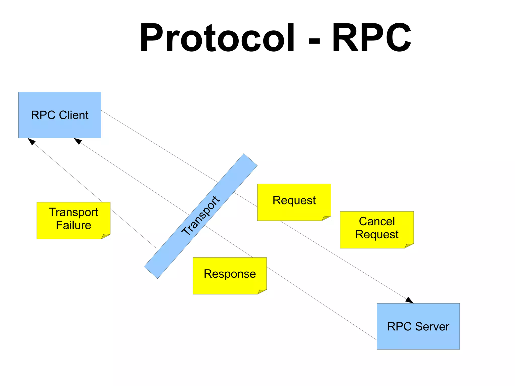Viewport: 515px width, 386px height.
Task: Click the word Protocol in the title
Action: pos(217,38)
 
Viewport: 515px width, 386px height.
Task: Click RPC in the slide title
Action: pos(371,38)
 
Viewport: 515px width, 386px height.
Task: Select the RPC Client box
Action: pos(60,115)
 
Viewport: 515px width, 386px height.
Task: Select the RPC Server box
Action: pos(418,326)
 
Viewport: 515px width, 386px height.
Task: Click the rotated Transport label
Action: pos(201,216)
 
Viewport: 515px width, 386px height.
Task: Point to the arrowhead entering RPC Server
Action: pos(409,300)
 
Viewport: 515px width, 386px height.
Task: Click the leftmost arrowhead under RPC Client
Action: pos(31,141)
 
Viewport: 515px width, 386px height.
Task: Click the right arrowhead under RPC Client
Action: pos(78,141)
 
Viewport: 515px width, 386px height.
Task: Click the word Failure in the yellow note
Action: pos(73,225)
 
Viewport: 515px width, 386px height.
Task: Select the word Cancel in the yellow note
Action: pos(377,222)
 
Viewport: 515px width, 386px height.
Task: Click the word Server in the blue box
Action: pos(432,327)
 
